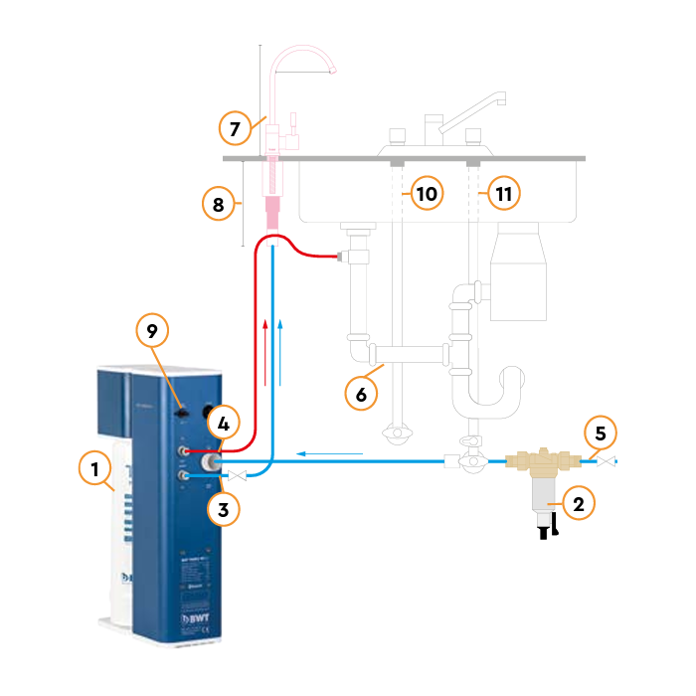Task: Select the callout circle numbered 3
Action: click(224, 510)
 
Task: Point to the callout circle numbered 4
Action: click(224, 423)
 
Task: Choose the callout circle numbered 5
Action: click(600, 434)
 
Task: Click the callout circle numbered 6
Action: click(362, 394)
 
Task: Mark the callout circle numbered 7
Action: click(236, 129)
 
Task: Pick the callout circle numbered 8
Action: click(218, 205)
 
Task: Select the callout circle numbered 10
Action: click(426, 193)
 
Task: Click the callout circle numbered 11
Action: click(503, 193)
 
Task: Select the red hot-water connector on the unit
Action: click(185, 449)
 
